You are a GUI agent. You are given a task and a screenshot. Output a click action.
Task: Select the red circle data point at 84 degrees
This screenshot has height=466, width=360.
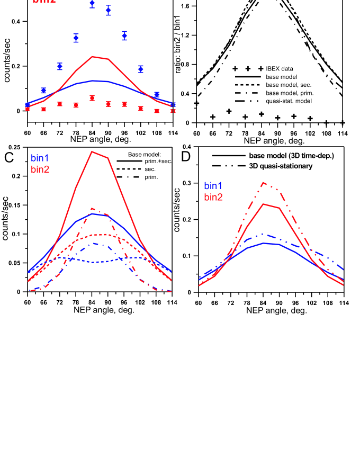(92, 98)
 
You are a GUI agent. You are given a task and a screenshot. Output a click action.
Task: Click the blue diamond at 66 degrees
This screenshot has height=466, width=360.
(43, 91)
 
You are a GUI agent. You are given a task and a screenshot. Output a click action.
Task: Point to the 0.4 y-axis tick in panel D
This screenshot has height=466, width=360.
(188, 147)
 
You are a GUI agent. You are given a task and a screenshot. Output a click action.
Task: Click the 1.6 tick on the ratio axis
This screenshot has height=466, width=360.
(186, 6)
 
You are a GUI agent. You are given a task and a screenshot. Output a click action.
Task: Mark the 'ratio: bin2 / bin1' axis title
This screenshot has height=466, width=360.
(179, 64)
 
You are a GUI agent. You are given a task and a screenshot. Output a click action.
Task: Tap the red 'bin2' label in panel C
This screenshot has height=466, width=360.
(41, 168)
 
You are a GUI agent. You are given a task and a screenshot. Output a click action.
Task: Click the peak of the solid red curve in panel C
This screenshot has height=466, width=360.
(92, 151)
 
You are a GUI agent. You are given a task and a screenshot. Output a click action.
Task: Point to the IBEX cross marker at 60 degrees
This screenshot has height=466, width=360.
(196, 103)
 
